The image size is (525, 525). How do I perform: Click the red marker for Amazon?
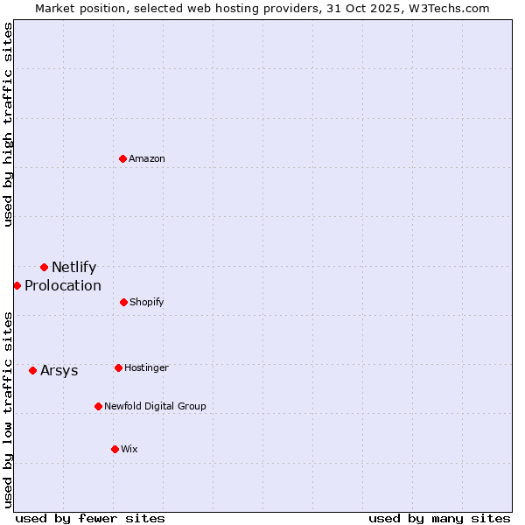(123, 158)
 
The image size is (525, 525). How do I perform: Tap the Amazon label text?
(147, 159)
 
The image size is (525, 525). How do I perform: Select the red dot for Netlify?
(44, 267)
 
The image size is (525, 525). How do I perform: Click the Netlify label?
(73, 268)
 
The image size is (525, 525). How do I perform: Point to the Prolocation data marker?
(17, 285)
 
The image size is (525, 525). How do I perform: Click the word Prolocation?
(63, 286)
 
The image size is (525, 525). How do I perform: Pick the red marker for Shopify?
(123, 302)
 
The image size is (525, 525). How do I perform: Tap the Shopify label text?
(146, 303)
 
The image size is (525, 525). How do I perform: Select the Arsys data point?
(32, 370)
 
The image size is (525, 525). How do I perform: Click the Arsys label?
(59, 371)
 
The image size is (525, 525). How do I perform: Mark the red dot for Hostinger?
(118, 367)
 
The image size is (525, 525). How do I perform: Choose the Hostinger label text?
(146, 368)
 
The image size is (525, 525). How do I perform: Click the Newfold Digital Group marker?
(98, 406)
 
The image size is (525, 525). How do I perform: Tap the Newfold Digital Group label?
(155, 407)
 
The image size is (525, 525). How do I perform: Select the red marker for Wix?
(115, 449)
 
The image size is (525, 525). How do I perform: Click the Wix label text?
(129, 450)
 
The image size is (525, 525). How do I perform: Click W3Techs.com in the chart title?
(452, 8)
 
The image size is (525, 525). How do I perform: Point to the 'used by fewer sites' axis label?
(90, 518)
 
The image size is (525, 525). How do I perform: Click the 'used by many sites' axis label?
(439, 518)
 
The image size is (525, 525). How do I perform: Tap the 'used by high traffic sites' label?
(9, 124)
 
